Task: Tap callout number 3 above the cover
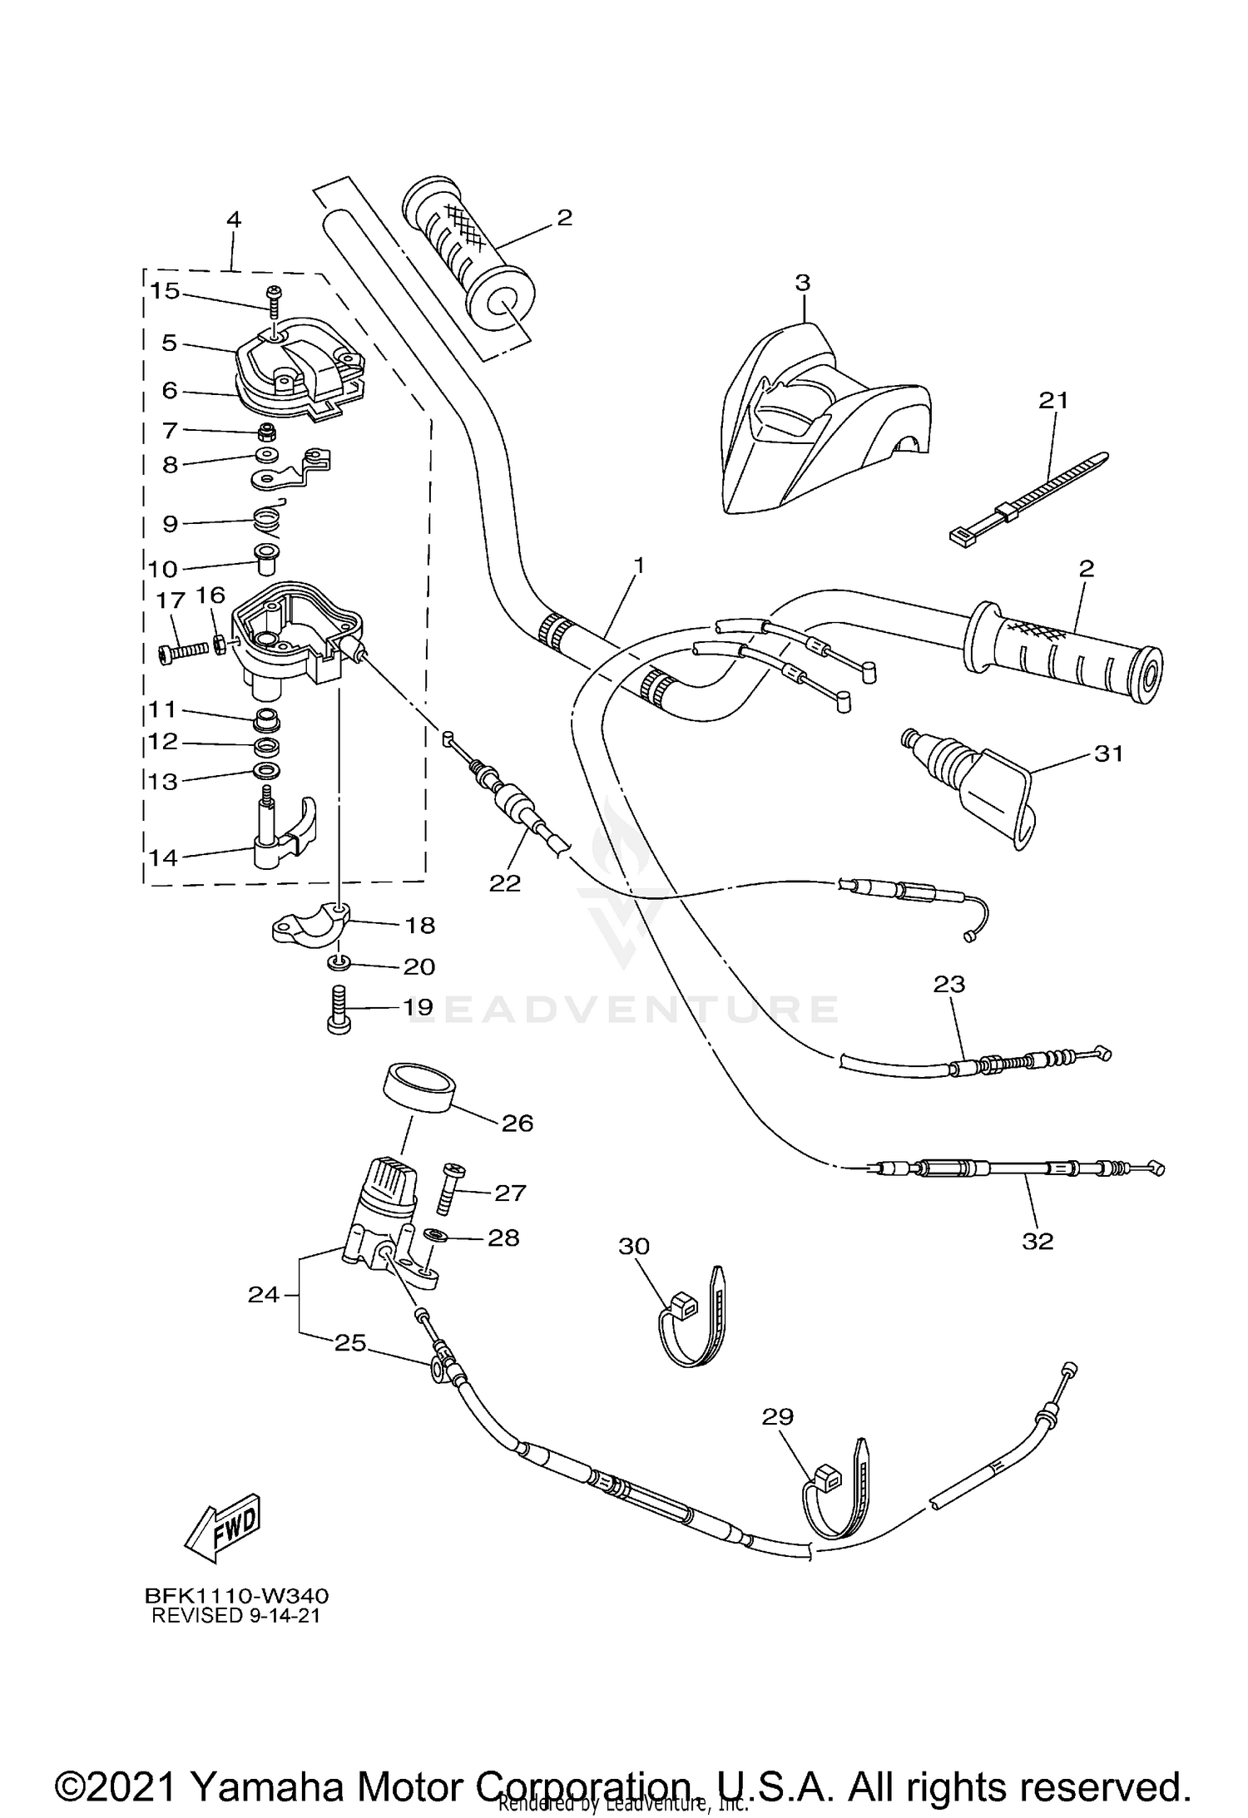click(801, 283)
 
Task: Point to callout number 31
click(1108, 753)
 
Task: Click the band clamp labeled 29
click(836, 1494)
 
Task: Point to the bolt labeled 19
click(339, 1009)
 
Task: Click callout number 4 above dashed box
click(234, 220)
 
